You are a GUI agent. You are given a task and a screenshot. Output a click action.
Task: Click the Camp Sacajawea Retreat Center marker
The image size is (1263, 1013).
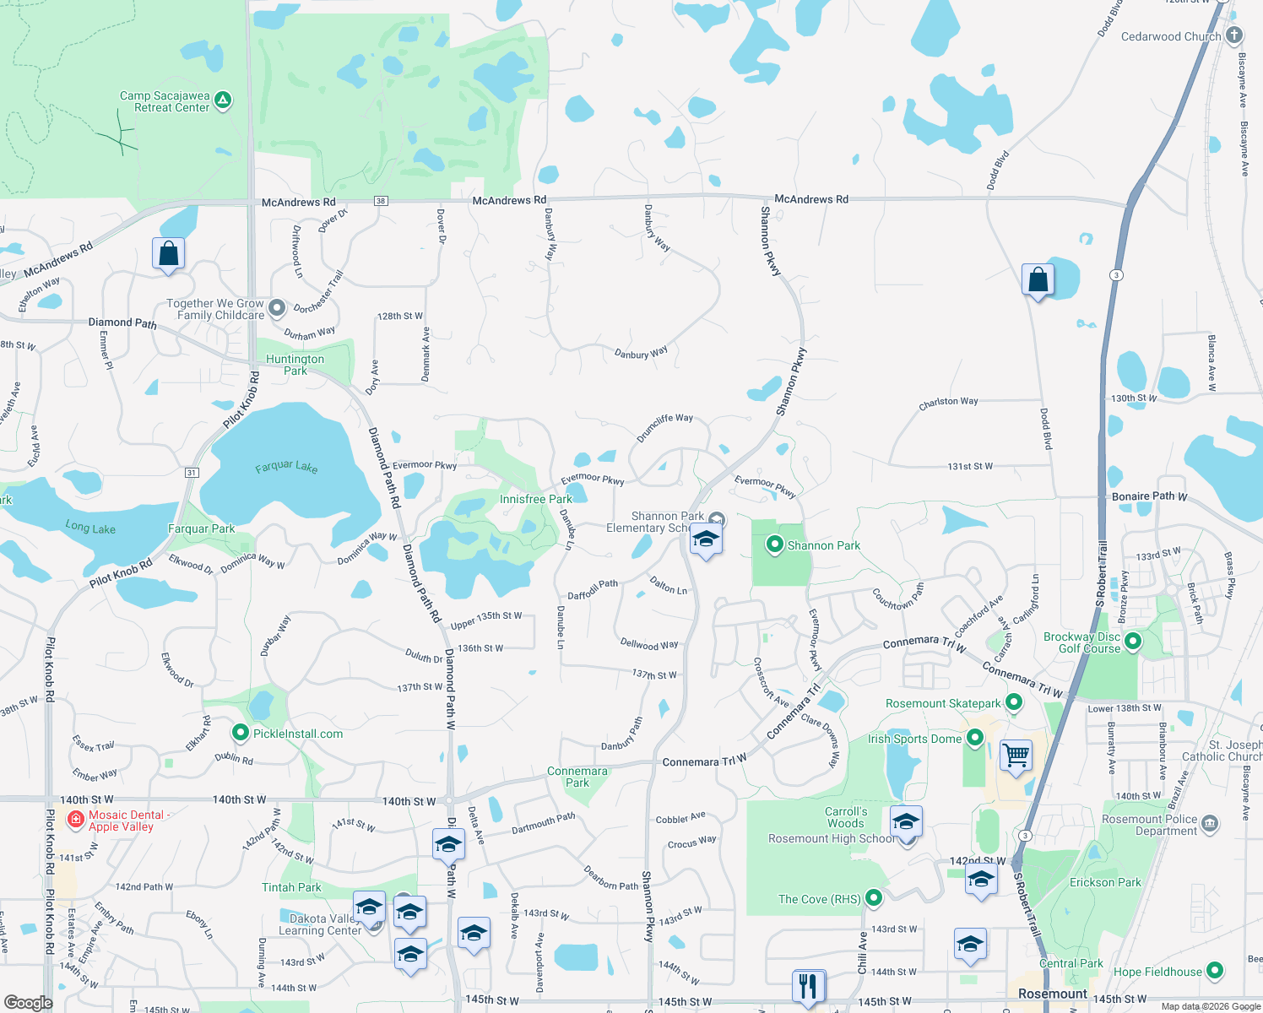223,100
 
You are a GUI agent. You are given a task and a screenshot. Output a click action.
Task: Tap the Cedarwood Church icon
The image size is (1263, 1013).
1234,35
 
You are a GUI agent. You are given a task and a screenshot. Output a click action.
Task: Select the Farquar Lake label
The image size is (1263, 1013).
286,466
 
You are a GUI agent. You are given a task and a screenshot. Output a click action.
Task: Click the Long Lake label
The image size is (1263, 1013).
90,528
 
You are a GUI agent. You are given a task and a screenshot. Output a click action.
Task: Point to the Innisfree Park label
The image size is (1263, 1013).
535,499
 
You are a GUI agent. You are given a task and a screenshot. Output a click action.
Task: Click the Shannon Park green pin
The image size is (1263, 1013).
775,545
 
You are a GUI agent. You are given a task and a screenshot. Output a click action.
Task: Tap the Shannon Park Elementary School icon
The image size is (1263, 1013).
706,539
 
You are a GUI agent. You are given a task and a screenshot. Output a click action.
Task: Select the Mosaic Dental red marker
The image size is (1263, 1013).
75,818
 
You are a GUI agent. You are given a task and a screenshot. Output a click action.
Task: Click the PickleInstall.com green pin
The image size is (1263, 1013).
241,733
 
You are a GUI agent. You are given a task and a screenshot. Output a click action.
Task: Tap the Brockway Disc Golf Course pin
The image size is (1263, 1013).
1133,642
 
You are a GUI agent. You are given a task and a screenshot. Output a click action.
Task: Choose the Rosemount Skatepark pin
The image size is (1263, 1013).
1014,702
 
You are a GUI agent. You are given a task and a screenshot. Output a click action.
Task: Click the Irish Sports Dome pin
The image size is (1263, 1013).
974,738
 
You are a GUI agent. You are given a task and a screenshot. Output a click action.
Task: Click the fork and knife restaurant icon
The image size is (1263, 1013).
809,985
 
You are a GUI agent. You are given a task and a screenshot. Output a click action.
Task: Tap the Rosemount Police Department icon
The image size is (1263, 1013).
1209,823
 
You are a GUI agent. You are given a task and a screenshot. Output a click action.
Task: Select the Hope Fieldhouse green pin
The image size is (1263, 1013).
1214,971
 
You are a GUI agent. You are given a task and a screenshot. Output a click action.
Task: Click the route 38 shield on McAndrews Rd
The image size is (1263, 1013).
382,201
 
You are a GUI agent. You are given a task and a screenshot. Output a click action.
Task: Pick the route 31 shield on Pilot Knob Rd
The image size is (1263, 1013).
192,473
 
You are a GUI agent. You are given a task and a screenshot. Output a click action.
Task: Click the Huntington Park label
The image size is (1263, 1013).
295,365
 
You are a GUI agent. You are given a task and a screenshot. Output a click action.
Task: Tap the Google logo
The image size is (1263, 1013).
28,1002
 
